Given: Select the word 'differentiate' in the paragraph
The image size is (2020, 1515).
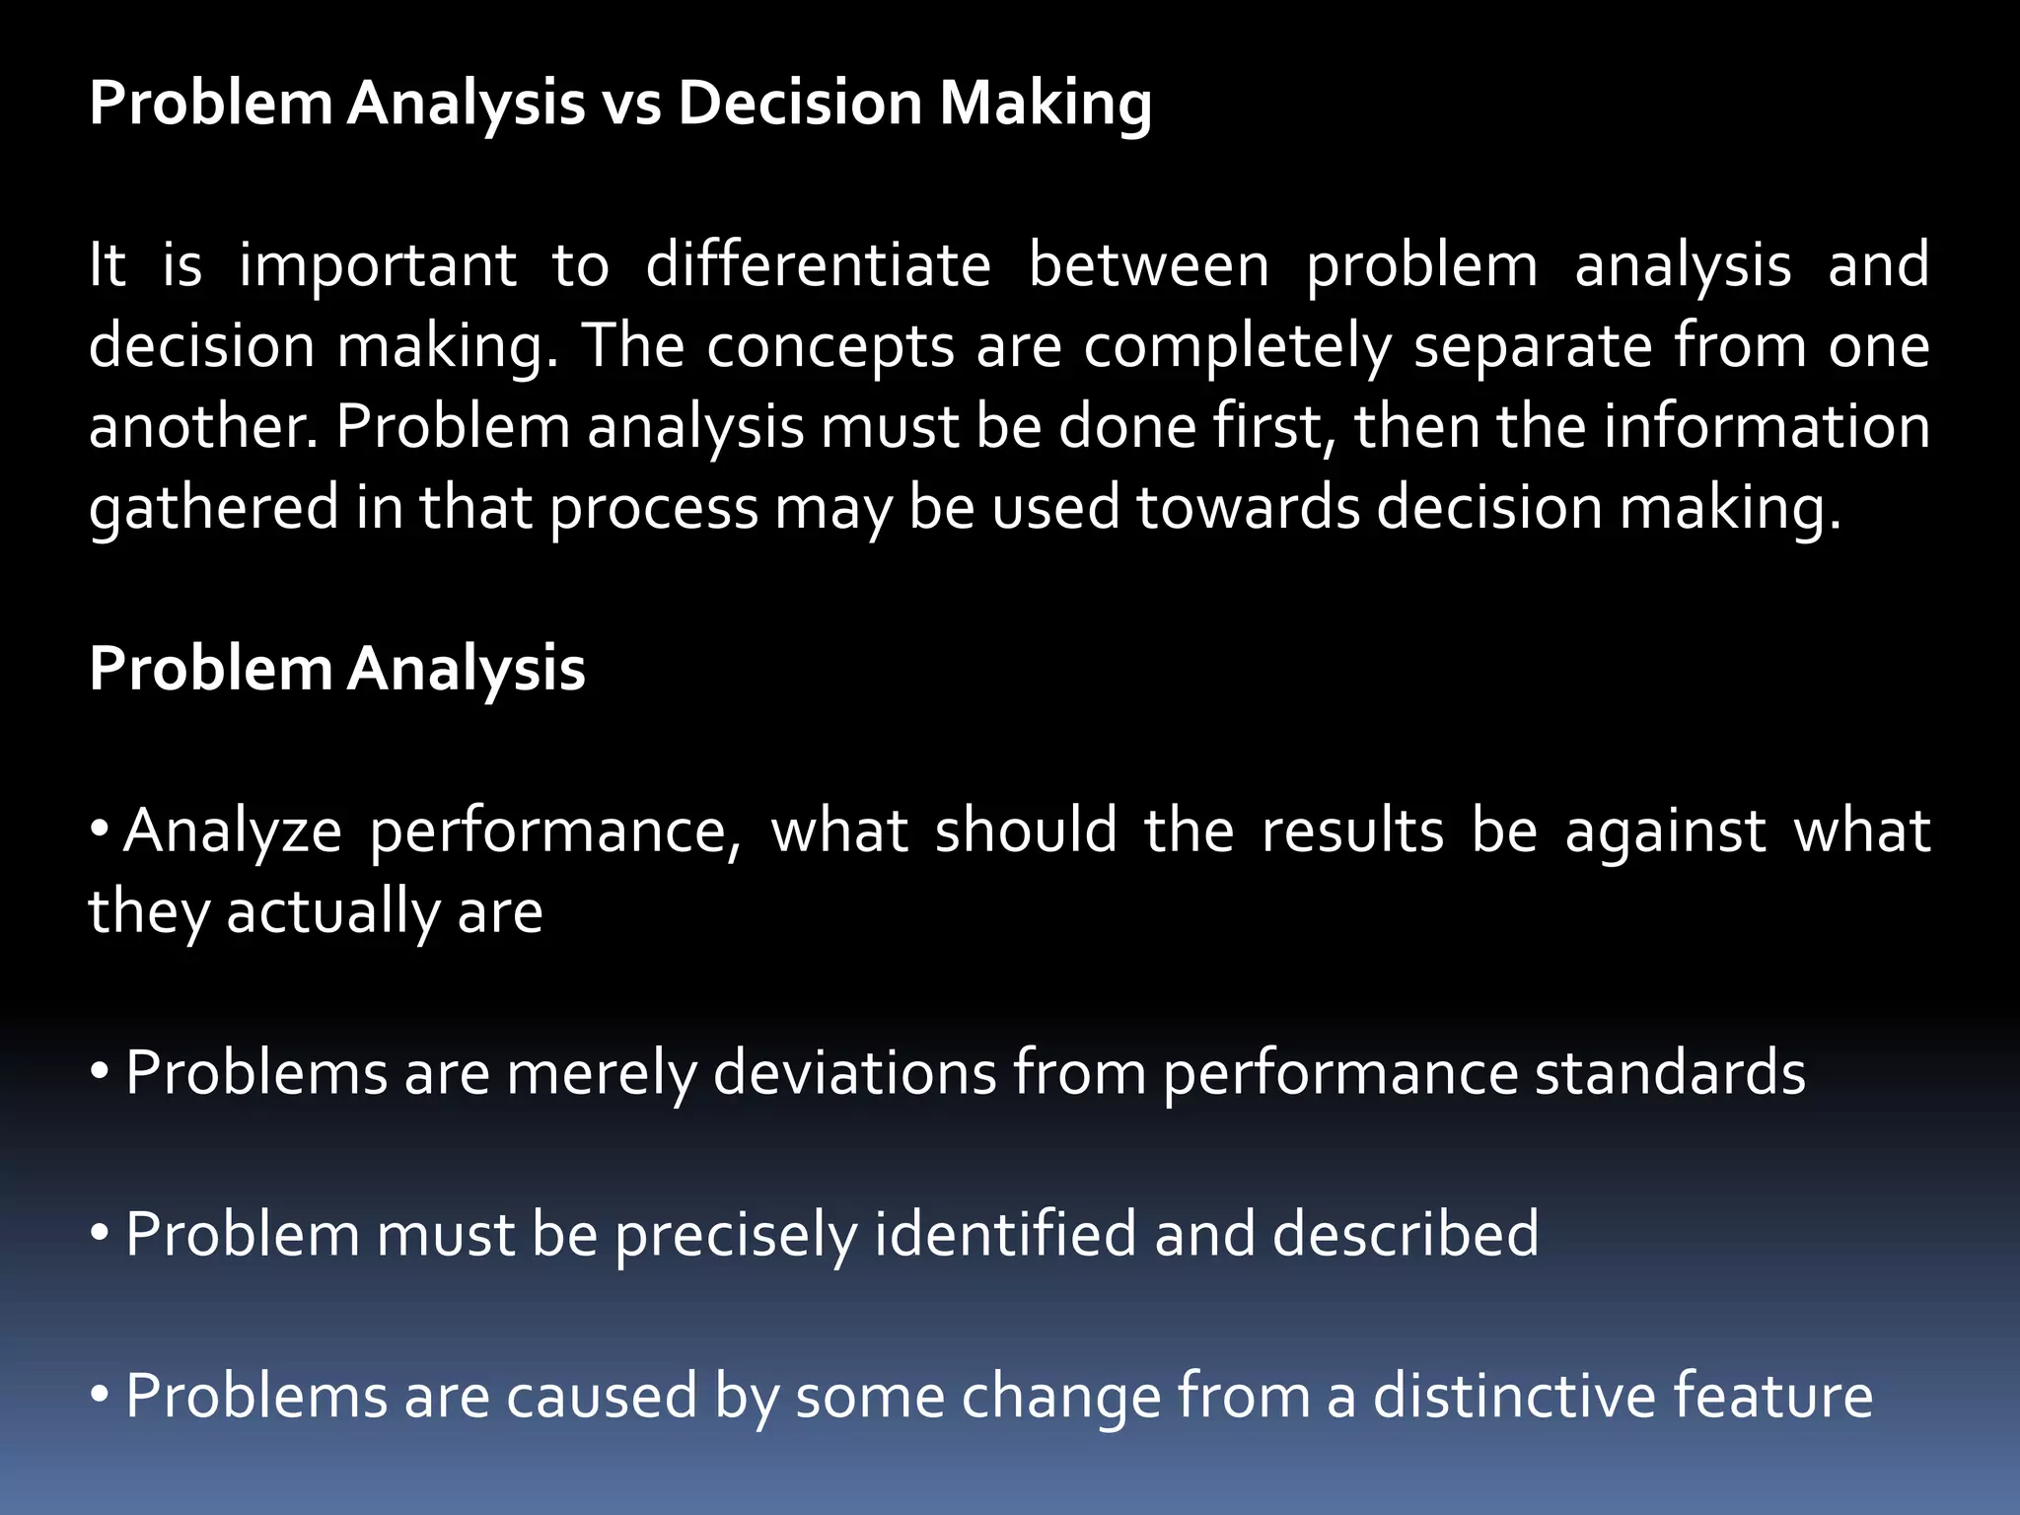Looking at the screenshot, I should (818, 265).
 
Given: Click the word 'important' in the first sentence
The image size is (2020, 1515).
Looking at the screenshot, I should (378, 265).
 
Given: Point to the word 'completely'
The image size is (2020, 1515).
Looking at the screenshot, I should (1238, 346).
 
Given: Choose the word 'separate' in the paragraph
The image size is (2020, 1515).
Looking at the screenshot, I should (1533, 346).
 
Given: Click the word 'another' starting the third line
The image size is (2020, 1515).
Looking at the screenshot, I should (202, 427).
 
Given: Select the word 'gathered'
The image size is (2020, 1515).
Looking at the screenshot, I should (213, 508).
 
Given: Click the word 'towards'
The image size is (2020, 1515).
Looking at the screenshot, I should (1247, 508).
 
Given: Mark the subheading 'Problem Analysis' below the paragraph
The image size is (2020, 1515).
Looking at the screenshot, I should (337, 670).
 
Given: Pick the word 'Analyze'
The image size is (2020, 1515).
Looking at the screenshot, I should (233, 830).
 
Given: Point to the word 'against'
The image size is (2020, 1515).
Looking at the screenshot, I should (1665, 830).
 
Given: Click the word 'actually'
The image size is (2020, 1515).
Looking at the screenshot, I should (332, 911).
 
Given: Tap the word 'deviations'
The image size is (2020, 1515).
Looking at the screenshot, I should (854, 1073).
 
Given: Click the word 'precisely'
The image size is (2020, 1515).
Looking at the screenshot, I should (736, 1235).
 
